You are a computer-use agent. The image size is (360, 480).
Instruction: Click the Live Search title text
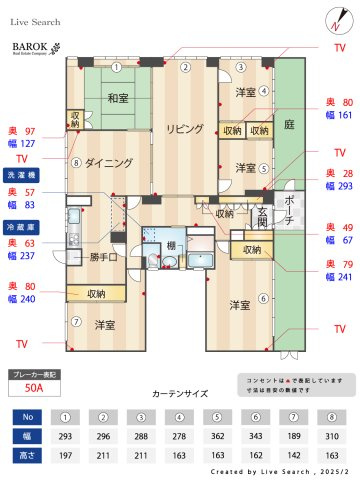(x=35, y=20)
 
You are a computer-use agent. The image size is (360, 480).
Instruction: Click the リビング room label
(x=186, y=129)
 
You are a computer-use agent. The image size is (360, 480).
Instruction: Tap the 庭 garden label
(x=288, y=124)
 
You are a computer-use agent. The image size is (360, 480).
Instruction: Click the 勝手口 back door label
(x=105, y=257)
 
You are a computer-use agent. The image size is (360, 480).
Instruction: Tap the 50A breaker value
(x=34, y=386)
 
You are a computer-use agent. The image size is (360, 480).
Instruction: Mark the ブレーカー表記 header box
(x=34, y=373)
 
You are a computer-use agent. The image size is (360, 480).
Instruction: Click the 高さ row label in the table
(x=28, y=455)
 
